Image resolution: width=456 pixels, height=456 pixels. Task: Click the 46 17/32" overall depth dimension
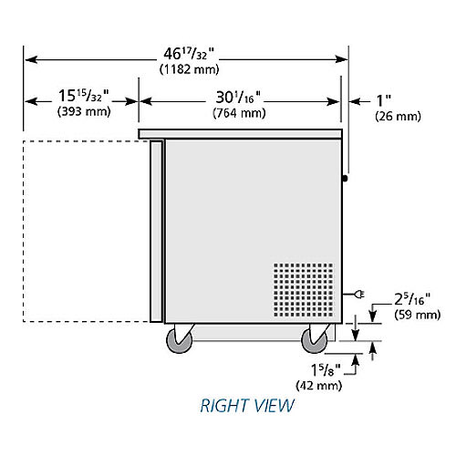pos(189,54)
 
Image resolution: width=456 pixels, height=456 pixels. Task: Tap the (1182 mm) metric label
pos(189,69)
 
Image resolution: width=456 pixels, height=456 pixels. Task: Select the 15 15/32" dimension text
pos(84,95)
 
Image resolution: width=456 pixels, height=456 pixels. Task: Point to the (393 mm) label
pos(84,111)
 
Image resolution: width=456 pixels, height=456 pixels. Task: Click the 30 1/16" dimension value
pos(238,97)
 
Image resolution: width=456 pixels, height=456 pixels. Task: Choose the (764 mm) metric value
pos(239,113)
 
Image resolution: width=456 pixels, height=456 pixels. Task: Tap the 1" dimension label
pos(384,100)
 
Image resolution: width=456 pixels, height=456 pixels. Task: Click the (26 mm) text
pos(398,116)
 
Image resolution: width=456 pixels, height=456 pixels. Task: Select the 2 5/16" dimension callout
pos(412,299)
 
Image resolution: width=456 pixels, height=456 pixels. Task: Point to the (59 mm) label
pos(418,315)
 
